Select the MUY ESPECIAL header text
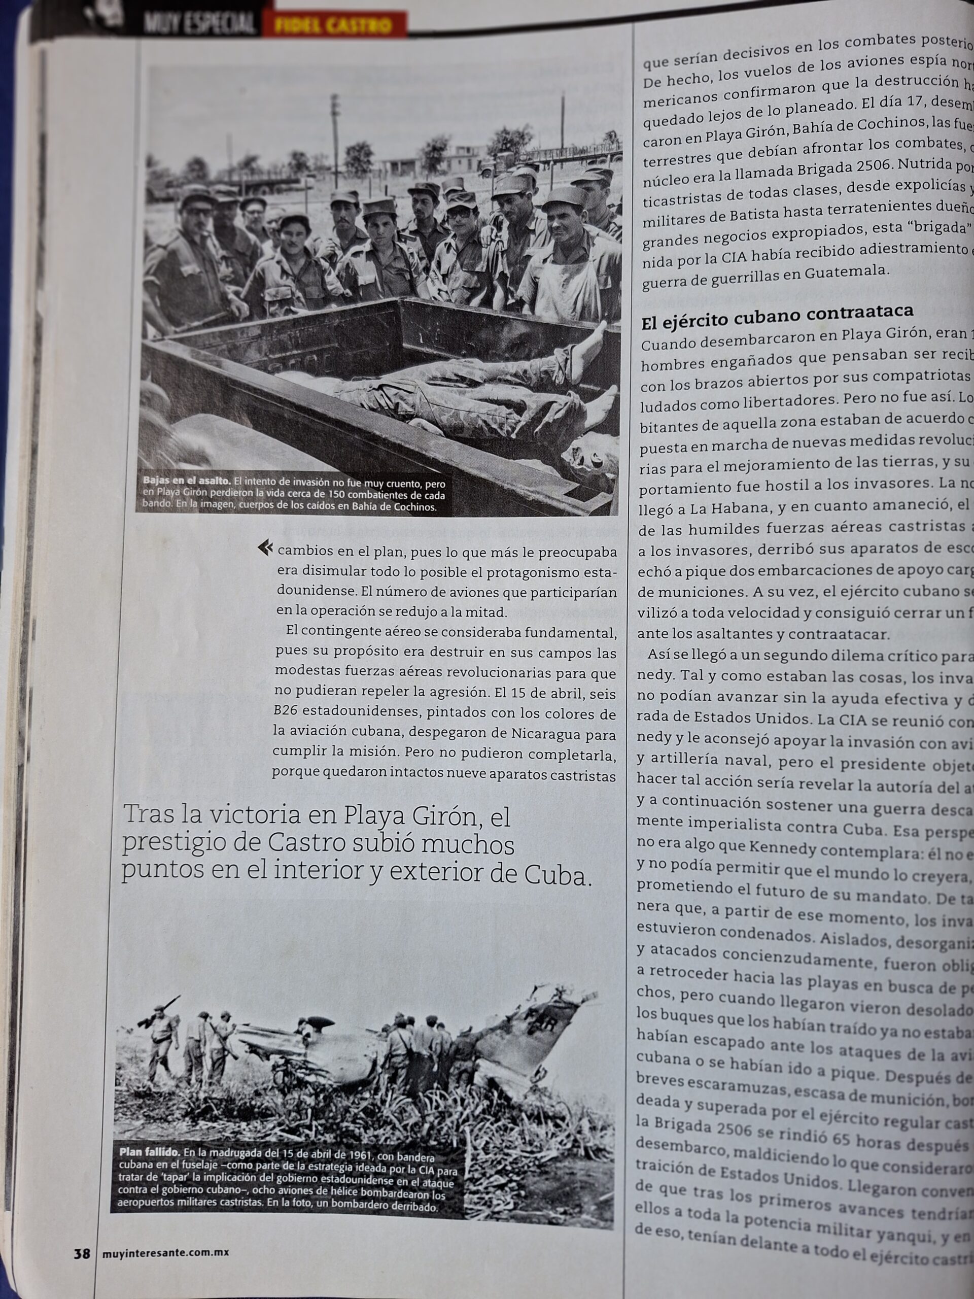(x=199, y=25)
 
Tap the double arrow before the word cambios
(x=265, y=548)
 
